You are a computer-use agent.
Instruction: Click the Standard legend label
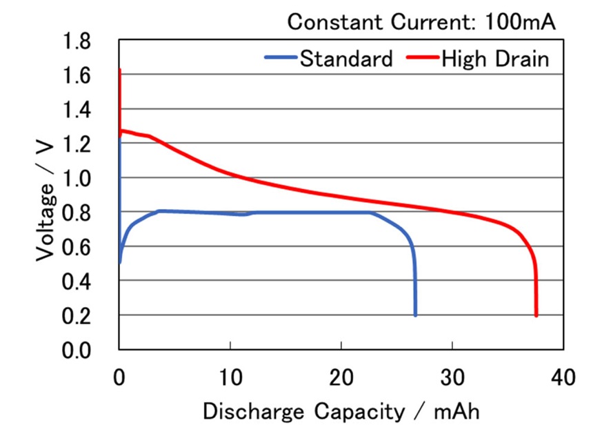346,59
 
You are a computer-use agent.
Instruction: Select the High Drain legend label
495,59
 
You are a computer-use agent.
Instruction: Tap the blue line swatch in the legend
281,59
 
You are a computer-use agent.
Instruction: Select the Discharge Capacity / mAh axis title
341,412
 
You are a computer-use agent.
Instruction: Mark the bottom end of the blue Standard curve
415,315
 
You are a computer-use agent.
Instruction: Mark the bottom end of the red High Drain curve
536,315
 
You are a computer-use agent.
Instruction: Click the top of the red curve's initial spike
120,70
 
